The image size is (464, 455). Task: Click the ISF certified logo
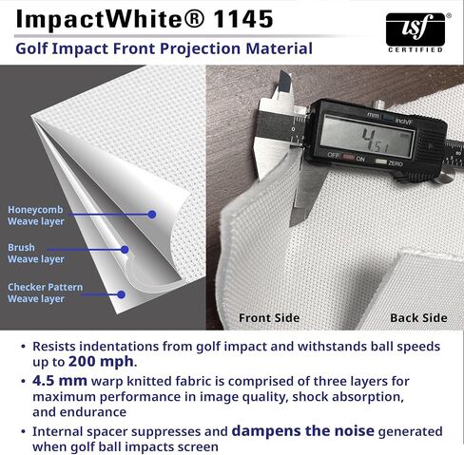(x=416, y=32)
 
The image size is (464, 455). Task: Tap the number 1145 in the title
(x=243, y=20)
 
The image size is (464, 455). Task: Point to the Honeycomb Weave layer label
(x=36, y=216)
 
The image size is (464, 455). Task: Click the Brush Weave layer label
(x=36, y=253)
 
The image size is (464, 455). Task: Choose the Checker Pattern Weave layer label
(x=45, y=293)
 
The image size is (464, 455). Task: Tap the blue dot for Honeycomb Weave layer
(x=152, y=215)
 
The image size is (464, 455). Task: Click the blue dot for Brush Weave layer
(x=125, y=250)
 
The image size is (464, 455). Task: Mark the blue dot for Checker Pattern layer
(x=121, y=294)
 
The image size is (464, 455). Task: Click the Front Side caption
(x=269, y=318)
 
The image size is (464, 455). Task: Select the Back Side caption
(x=418, y=318)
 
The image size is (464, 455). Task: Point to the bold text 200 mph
(x=101, y=362)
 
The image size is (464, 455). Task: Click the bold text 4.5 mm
(x=60, y=381)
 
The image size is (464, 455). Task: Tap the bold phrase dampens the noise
(x=303, y=431)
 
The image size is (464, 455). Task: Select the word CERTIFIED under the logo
(x=416, y=49)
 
